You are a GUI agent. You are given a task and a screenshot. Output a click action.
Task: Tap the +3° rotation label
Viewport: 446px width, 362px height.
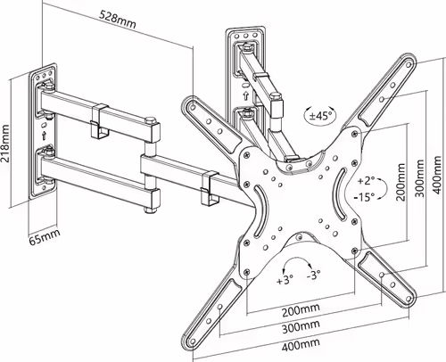coord(285,279)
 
